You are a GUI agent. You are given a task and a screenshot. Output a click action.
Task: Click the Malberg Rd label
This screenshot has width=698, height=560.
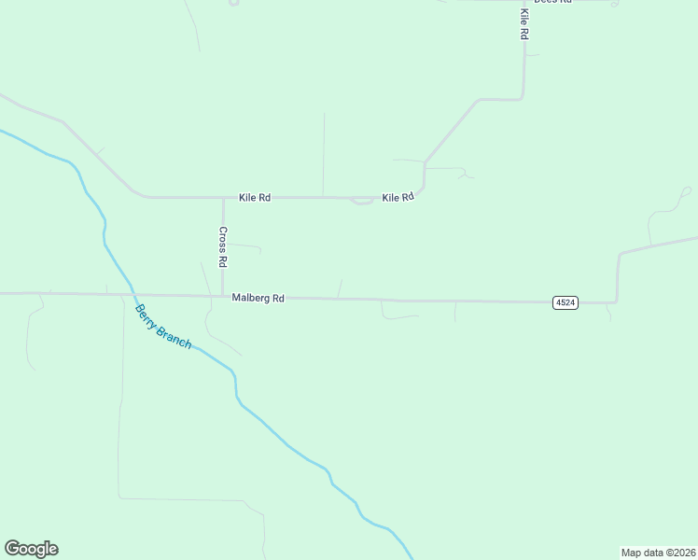click(258, 298)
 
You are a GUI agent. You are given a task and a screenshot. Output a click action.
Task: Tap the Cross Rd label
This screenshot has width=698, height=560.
click(223, 247)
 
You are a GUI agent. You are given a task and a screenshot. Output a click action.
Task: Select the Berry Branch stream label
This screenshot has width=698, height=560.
click(163, 327)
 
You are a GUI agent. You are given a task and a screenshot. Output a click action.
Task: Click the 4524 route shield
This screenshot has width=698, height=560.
click(565, 302)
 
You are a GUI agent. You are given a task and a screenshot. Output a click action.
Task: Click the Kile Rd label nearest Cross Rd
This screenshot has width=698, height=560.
click(254, 198)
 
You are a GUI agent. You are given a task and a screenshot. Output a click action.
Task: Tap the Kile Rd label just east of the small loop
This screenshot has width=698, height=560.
click(398, 198)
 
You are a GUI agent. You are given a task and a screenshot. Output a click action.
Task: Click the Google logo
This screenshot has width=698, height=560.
click(31, 549)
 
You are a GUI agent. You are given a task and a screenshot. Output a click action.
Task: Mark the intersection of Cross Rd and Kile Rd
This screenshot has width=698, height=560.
click(223, 198)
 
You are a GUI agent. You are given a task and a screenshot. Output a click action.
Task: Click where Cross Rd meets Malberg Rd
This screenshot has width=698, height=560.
click(223, 296)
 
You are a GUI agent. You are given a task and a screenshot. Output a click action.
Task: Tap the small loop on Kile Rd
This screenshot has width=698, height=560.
click(362, 201)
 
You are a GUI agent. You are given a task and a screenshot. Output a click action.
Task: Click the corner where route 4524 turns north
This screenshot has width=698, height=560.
click(616, 301)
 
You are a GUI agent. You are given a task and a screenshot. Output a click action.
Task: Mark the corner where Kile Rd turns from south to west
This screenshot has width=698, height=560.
click(523, 98)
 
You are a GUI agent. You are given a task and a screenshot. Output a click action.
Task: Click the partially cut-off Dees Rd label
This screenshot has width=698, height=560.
click(551, 2)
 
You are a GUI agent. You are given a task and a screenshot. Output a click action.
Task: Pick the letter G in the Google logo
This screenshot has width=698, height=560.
click(12, 549)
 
